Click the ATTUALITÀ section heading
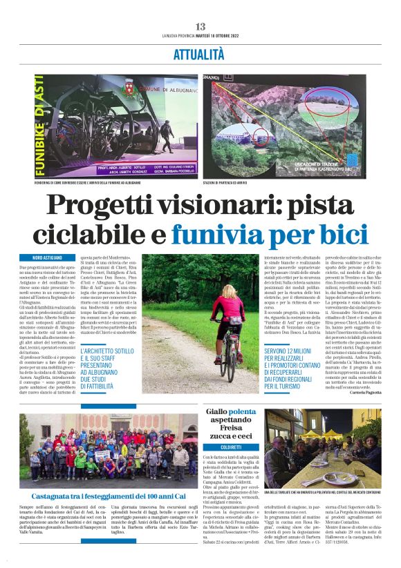click(x=200, y=53)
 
